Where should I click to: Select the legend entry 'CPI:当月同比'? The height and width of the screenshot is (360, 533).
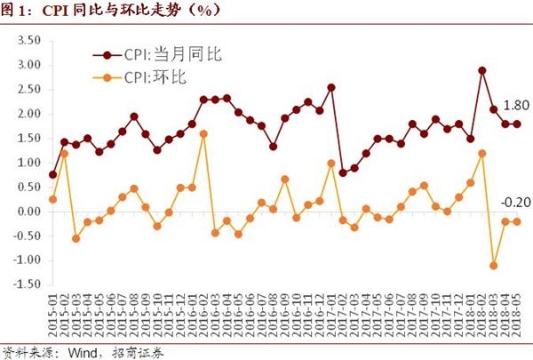170,53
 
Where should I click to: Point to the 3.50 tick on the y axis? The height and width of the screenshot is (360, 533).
30,41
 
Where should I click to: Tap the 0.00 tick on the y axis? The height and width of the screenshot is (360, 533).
30,212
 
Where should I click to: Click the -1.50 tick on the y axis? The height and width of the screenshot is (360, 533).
28,285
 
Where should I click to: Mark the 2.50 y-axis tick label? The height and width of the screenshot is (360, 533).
30,90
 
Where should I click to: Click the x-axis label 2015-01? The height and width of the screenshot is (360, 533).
52,312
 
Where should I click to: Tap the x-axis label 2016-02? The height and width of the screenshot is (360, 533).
203,312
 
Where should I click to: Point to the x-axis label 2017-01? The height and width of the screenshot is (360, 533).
330,312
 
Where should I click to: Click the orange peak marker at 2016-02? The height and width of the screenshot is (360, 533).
203,133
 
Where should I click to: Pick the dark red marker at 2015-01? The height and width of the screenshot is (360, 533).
52,174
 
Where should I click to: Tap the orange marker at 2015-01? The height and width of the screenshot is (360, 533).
52,199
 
